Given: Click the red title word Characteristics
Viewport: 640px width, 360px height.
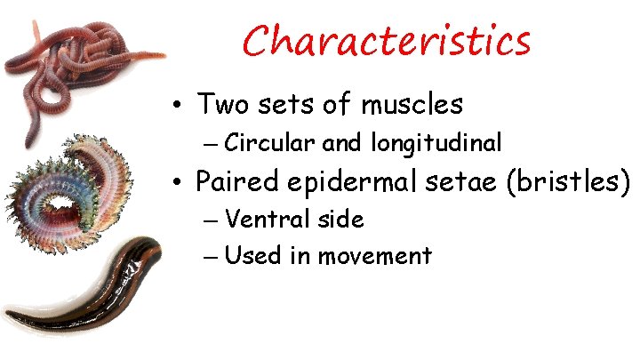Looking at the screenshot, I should (387, 40).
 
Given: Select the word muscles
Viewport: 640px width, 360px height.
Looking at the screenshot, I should (412, 104).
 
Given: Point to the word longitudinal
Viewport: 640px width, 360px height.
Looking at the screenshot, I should (436, 142).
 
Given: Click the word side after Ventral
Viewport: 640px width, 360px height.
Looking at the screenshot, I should (339, 219).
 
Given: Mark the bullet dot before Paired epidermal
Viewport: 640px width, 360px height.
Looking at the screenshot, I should (179, 184).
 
